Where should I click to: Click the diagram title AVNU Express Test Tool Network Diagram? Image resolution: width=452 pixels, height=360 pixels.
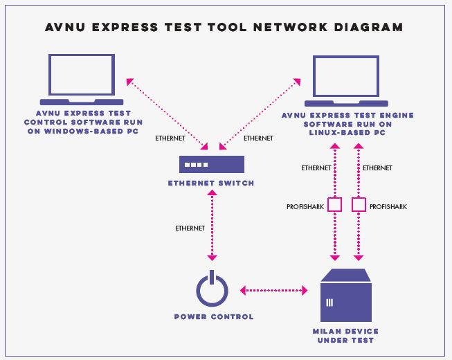(224, 28)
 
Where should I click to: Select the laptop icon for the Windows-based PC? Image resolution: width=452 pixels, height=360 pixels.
(82, 78)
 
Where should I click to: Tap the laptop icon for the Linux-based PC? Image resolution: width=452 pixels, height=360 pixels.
(346, 78)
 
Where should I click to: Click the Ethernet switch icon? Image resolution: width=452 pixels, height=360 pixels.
(212, 164)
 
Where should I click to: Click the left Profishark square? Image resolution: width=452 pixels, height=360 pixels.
(335, 205)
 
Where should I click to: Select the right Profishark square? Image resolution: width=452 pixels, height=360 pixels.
(359, 205)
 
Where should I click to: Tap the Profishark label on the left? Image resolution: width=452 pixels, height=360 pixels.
(304, 206)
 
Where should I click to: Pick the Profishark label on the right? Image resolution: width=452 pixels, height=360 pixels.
(388, 206)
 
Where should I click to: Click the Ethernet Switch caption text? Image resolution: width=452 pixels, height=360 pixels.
(212, 183)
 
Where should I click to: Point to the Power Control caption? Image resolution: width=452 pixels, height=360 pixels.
(213, 317)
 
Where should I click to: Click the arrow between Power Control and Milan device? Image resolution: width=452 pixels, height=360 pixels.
(273, 290)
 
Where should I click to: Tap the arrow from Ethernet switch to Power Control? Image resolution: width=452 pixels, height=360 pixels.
(212, 229)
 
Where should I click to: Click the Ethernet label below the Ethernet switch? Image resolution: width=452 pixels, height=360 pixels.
(190, 228)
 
